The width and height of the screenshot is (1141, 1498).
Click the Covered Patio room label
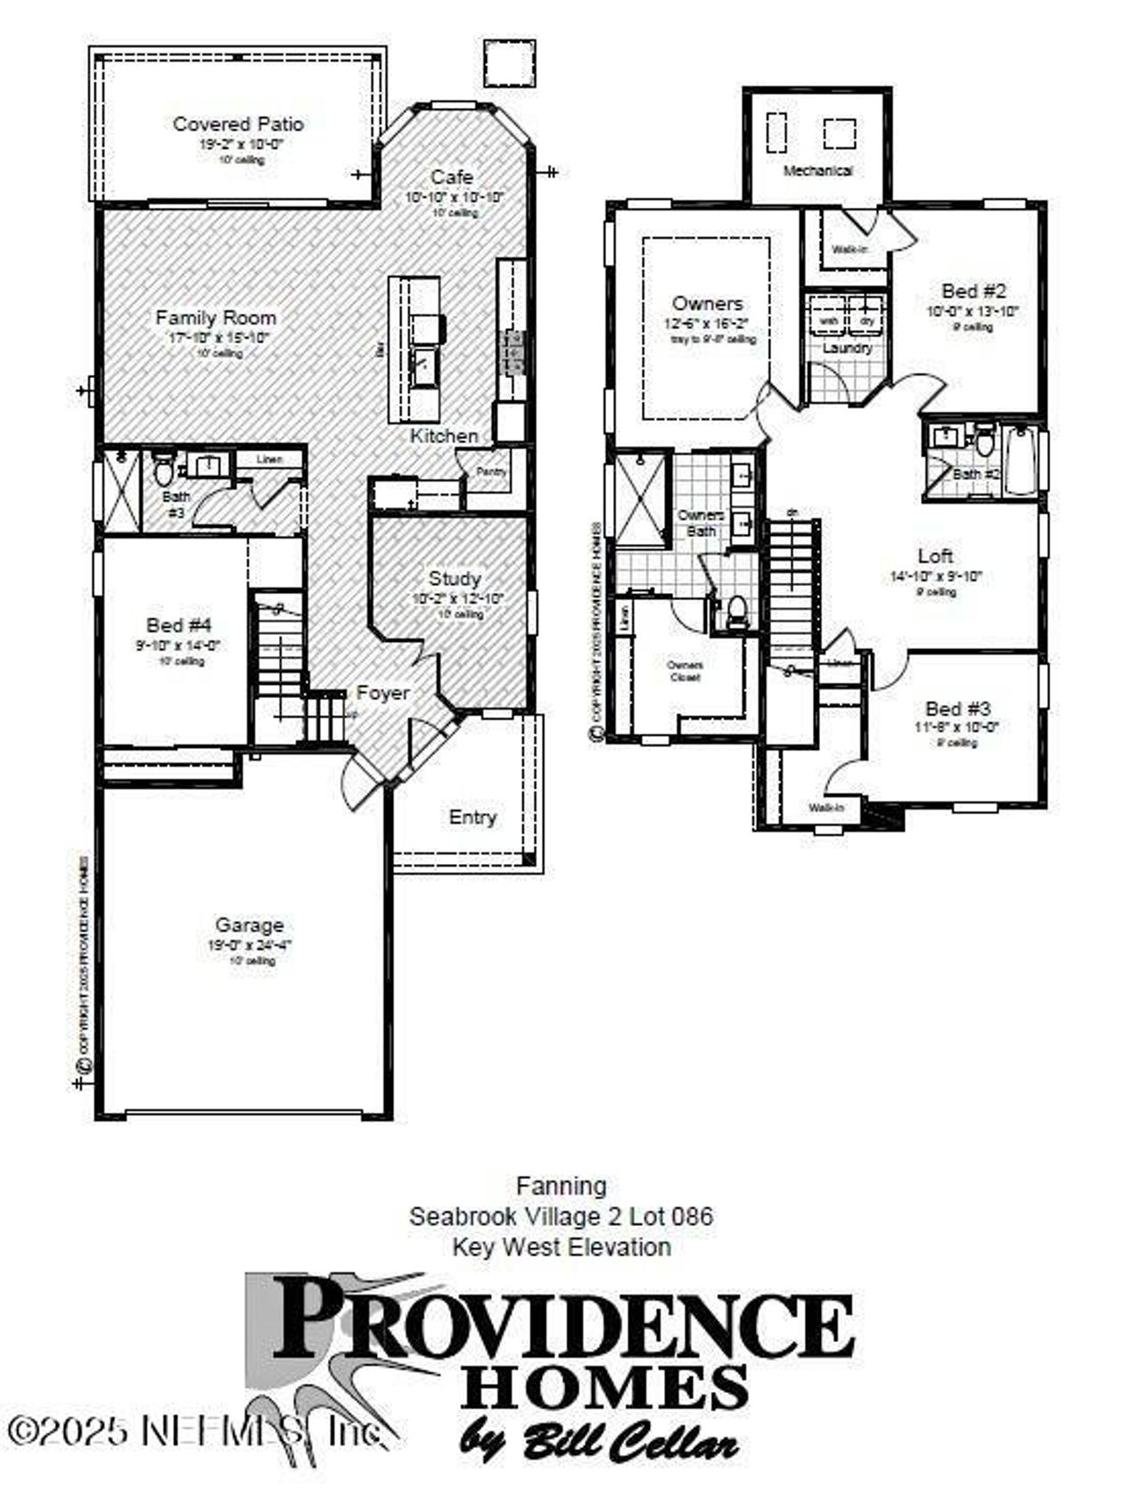(x=238, y=124)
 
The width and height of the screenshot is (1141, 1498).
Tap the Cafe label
(x=452, y=177)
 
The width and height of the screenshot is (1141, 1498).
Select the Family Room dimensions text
(x=218, y=337)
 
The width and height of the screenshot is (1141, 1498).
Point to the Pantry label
(x=491, y=472)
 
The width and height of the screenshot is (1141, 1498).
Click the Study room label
(x=455, y=579)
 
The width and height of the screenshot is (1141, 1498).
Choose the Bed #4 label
(x=179, y=625)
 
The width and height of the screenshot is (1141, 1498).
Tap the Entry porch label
(x=472, y=817)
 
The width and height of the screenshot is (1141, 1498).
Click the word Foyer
(x=383, y=693)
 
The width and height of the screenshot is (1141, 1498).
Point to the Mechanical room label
(x=817, y=170)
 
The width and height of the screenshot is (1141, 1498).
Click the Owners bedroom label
(x=707, y=304)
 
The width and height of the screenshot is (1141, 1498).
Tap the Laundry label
(x=846, y=348)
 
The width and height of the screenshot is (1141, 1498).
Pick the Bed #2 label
(x=973, y=291)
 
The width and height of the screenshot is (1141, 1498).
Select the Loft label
(x=936, y=556)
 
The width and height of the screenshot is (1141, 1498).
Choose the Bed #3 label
(x=957, y=709)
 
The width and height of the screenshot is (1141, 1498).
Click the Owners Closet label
(x=685, y=671)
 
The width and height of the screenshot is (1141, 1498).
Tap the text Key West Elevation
(x=562, y=1246)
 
